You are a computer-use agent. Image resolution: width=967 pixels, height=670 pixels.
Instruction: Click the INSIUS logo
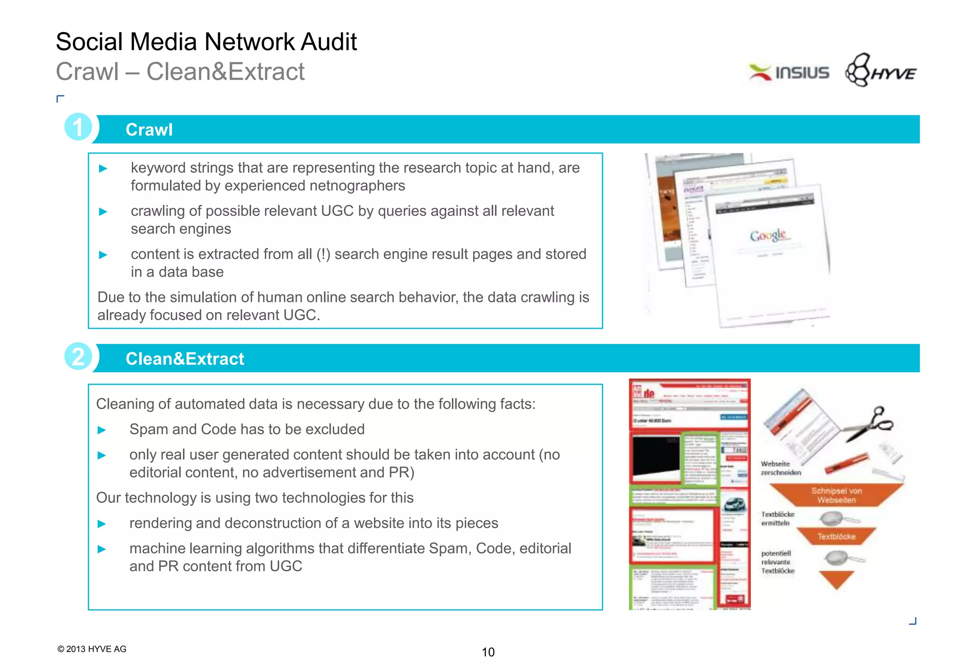(x=789, y=73)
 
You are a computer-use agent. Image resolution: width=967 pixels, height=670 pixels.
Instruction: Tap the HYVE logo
(x=881, y=71)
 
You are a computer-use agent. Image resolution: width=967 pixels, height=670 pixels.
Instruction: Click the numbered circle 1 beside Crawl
(x=78, y=127)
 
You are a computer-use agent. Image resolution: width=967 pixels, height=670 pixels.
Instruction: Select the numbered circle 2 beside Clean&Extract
(x=78, y=356)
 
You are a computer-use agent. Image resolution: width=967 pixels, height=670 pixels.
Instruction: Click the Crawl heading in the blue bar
(x=149, y=130)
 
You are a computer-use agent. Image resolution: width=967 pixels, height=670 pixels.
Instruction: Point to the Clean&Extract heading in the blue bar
(x=185, y=359)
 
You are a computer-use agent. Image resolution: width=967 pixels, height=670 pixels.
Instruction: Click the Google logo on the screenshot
(x=768, y=235)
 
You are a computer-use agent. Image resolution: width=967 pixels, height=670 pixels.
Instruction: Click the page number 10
(x=488, y=652)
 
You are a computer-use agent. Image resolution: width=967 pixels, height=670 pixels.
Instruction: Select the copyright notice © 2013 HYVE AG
(x=92, y=649)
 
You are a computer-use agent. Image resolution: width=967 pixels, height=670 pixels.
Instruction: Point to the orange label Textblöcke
(x=836, y=537)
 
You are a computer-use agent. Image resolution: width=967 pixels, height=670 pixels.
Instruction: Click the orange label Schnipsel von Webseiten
(x=836, y=495)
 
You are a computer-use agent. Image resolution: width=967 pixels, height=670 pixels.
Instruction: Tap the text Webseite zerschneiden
(x=780, y=468)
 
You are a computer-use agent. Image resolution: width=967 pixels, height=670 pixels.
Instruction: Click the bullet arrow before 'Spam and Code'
(x=102, y=430)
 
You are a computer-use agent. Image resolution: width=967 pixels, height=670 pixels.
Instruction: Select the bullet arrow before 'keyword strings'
(x=103, y=169)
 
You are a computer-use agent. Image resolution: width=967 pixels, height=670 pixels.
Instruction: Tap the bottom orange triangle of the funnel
(x=836, y=579)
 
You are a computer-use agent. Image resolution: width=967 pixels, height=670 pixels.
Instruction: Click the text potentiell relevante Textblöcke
(x=778, y=562)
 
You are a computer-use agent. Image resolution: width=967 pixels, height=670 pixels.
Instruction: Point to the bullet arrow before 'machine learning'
(x=102, y=549)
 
